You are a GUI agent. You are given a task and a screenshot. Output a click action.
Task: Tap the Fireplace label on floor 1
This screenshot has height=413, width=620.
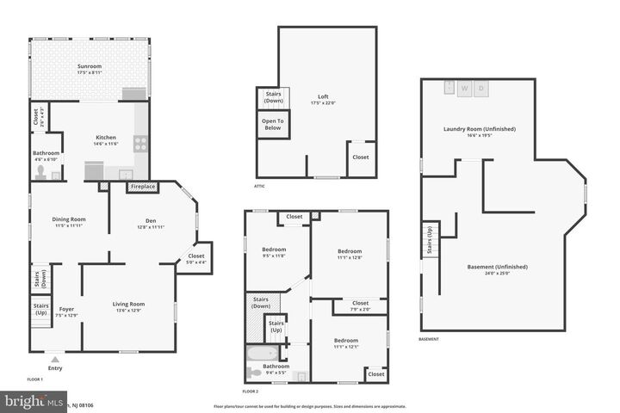click(143, 187)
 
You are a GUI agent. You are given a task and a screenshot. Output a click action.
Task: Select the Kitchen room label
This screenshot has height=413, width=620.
click(106, 140)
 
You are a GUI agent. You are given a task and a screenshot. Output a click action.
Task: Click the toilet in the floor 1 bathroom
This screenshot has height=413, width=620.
click(40, 172)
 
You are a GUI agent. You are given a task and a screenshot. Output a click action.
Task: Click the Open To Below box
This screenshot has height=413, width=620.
click(274, 125)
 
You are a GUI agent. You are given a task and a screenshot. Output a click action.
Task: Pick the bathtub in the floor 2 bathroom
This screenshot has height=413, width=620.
click(260, 354)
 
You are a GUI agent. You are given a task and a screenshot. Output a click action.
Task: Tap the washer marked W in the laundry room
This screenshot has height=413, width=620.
click(464, 88)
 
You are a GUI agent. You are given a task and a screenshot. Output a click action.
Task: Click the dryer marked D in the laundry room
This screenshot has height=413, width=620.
click(482, 88)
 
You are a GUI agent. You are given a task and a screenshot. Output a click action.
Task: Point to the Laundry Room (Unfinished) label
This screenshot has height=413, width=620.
click(479, 132)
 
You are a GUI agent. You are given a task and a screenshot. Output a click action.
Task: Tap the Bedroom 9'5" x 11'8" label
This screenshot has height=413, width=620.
click(274, 252)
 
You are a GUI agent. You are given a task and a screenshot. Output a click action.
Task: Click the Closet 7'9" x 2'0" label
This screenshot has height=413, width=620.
click(360, 305)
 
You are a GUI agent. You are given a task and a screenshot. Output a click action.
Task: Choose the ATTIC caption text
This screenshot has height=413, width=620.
click(259, 186)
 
